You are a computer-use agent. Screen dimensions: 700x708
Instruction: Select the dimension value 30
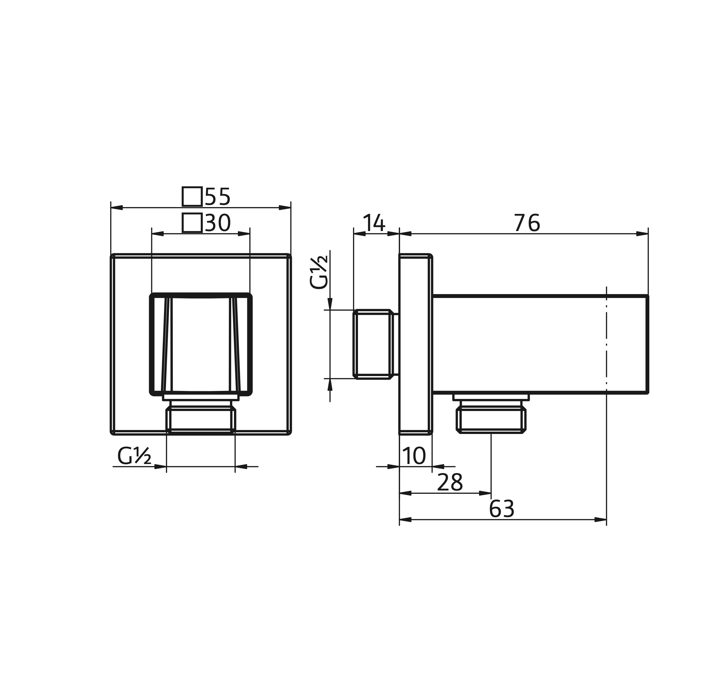click(x=218, y=223)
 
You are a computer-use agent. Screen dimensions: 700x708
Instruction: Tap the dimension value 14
click(x=374, y=223)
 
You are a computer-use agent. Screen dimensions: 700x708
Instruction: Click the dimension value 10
click(x=414, y=456)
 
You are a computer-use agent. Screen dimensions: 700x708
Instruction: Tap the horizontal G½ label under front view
click(x=134, y=457)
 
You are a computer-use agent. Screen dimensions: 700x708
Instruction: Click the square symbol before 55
click(x=192, y=197)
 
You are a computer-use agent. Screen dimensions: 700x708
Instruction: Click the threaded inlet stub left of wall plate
click(x=373, y=344)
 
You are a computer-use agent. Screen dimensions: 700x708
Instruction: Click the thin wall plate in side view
click(x=415, y=344)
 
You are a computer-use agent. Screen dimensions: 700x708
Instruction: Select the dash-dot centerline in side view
click(x=607, y=345)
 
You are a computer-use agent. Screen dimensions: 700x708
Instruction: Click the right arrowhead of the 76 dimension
click(x=642, y=234)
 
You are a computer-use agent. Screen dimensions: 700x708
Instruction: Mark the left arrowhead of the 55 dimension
click(x=117, y=208)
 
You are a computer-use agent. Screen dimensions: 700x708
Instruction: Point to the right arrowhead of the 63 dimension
click(x=601, y=520)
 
